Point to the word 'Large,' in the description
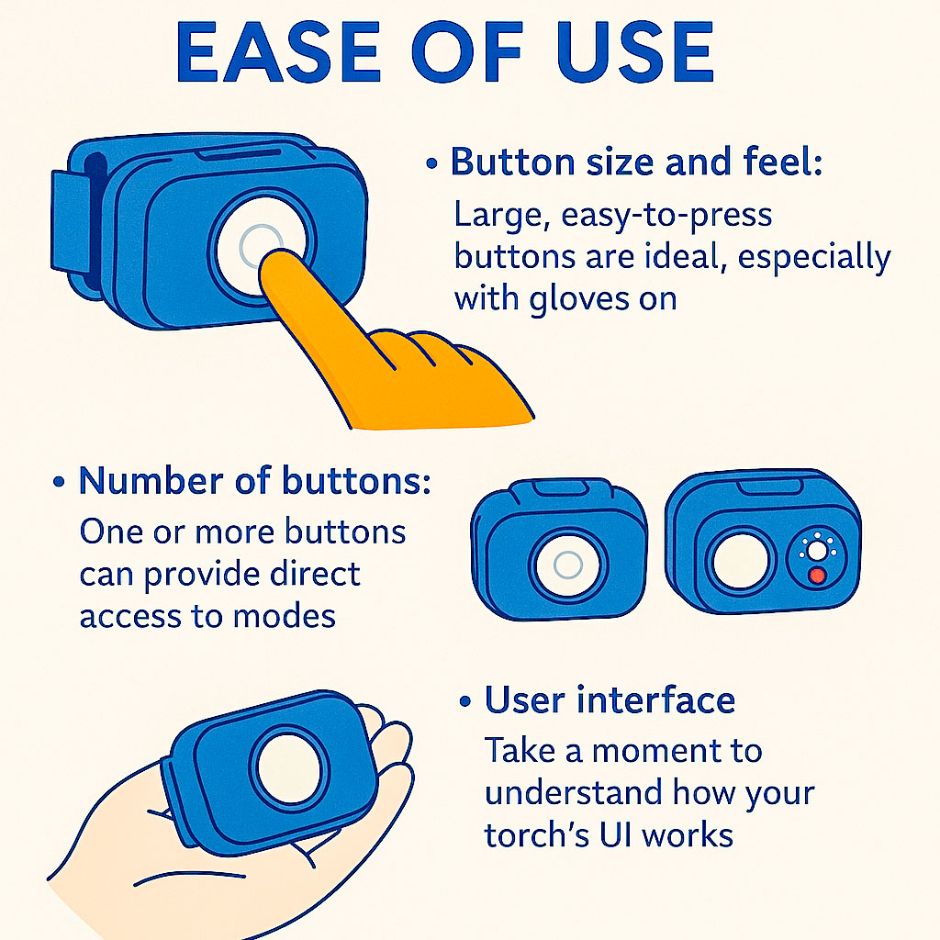pos(501,216)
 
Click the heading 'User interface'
pos(610,700)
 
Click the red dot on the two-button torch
pos(814,576)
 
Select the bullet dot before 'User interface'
pos(465,702)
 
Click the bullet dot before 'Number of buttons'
pos(60,483)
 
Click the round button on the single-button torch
pos(567,565)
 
